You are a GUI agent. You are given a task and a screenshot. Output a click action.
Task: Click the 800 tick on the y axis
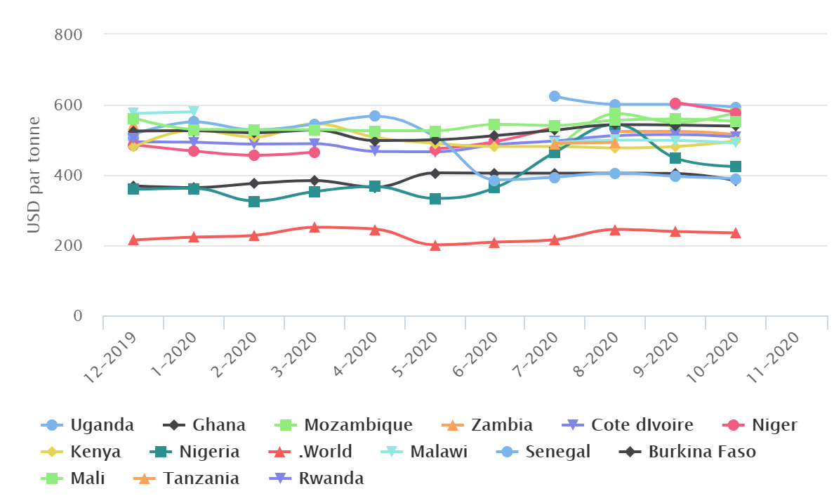69,34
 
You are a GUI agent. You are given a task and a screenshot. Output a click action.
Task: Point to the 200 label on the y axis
69,246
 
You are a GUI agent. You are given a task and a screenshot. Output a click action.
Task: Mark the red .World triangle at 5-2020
435,245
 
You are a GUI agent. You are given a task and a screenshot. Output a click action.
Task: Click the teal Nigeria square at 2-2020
254,202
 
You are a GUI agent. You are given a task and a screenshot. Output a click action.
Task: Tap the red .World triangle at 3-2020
315,227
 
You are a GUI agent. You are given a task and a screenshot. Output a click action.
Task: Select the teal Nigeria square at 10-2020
735,167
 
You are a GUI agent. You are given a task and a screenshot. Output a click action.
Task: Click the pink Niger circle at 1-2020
194,151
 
